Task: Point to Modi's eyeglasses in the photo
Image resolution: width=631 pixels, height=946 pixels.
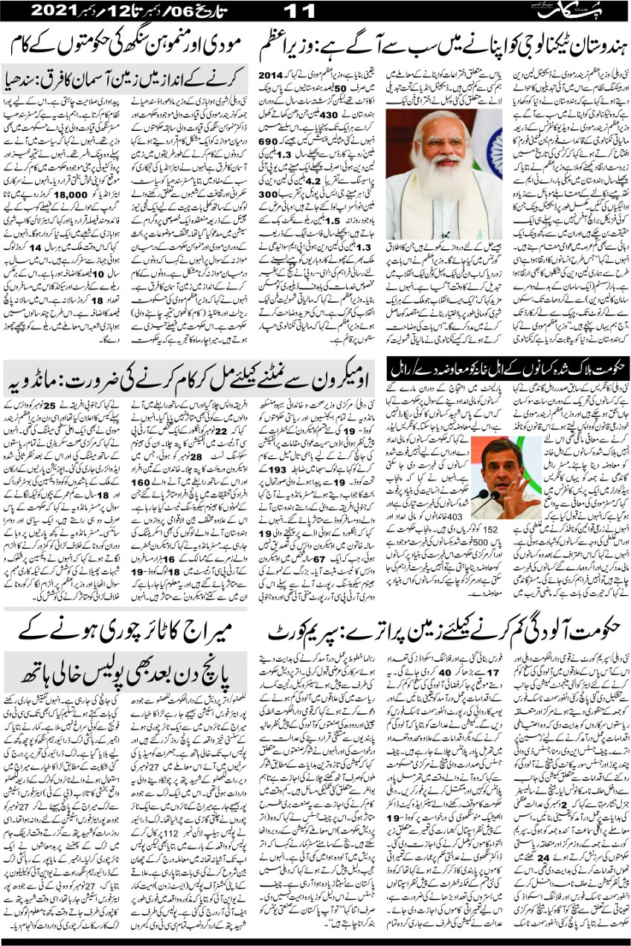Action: point(441,141)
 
